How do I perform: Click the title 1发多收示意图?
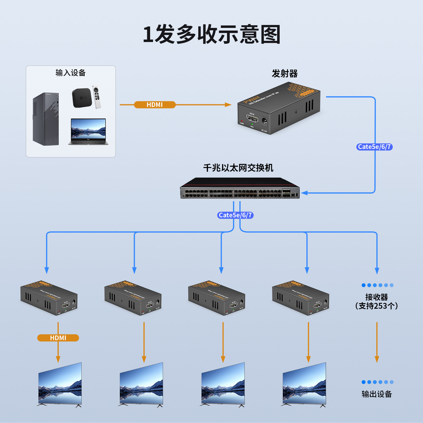(211, 35)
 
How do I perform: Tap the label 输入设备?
(70, 73)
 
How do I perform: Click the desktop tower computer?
(46, 119)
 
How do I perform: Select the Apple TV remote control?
(97, 97)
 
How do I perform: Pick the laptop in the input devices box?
(88, 132)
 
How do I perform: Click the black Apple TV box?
(82, 98)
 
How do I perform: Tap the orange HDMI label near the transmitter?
(155, 105)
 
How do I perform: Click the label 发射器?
(284, 73)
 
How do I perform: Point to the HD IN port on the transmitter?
(252, 119)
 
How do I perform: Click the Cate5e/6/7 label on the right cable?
(374, 147)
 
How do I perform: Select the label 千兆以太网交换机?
(238, 168)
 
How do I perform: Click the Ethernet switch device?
(240, 188)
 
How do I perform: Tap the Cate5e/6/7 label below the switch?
(235, 215)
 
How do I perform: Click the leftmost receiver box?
(49, 298)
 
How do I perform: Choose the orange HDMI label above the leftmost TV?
(58, 338)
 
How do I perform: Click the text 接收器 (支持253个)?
(377, 301)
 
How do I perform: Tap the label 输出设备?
(377, 394)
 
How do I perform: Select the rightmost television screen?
(304, 384)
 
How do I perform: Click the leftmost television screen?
(60, 384)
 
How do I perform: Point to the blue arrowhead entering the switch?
(304, 193)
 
